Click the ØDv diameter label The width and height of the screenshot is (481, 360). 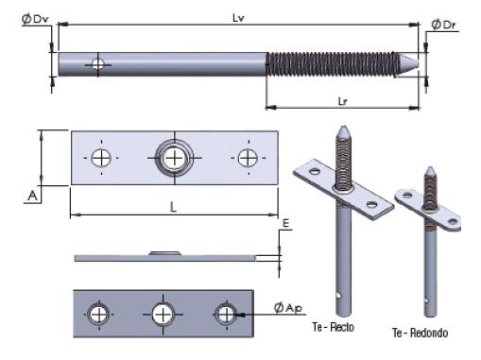coord(35,19)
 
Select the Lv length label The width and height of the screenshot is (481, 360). coord(238,18)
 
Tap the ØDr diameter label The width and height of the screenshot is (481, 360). coord(443,25)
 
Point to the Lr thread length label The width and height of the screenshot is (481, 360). coord(342,101)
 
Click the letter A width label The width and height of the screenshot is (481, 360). coord(32,196)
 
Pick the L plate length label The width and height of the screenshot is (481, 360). coord(173,207)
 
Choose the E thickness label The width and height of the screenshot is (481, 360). coord(285,223)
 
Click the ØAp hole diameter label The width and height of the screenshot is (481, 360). coord(288,308)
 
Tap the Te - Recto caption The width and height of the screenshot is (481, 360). coord(334,327)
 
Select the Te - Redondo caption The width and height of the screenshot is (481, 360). coord(420,333)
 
